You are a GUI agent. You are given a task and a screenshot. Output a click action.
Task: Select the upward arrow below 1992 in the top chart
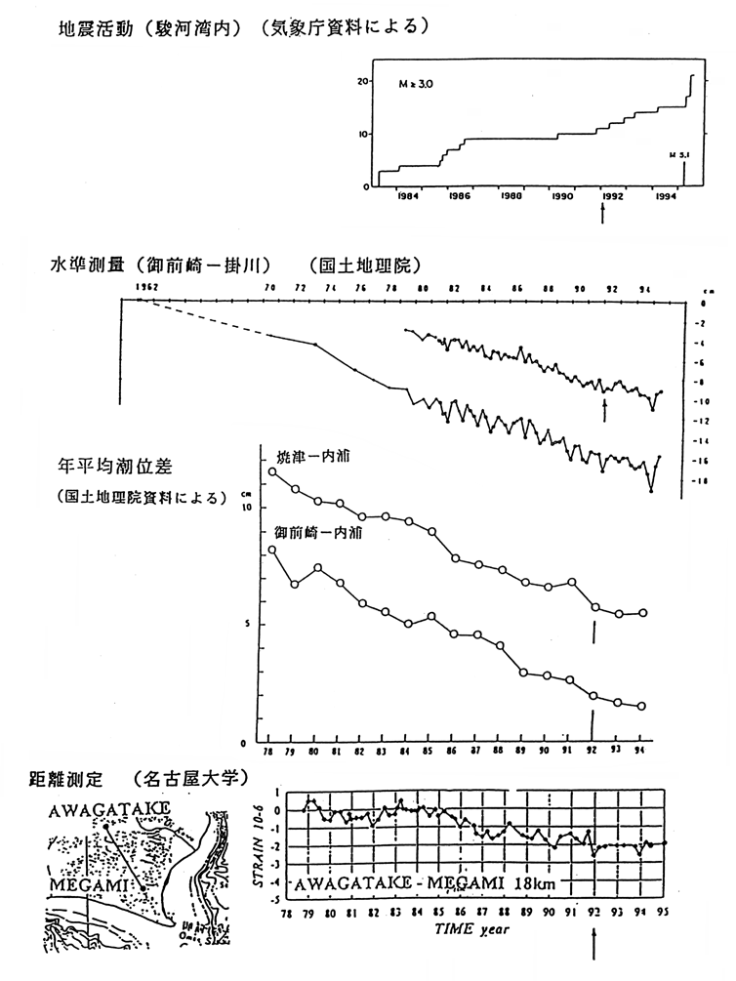(x=602, y=214)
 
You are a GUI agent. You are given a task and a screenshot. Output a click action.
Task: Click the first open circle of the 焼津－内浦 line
(x=272, y=472)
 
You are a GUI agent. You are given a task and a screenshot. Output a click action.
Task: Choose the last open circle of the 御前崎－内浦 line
(x=641, y=707)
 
